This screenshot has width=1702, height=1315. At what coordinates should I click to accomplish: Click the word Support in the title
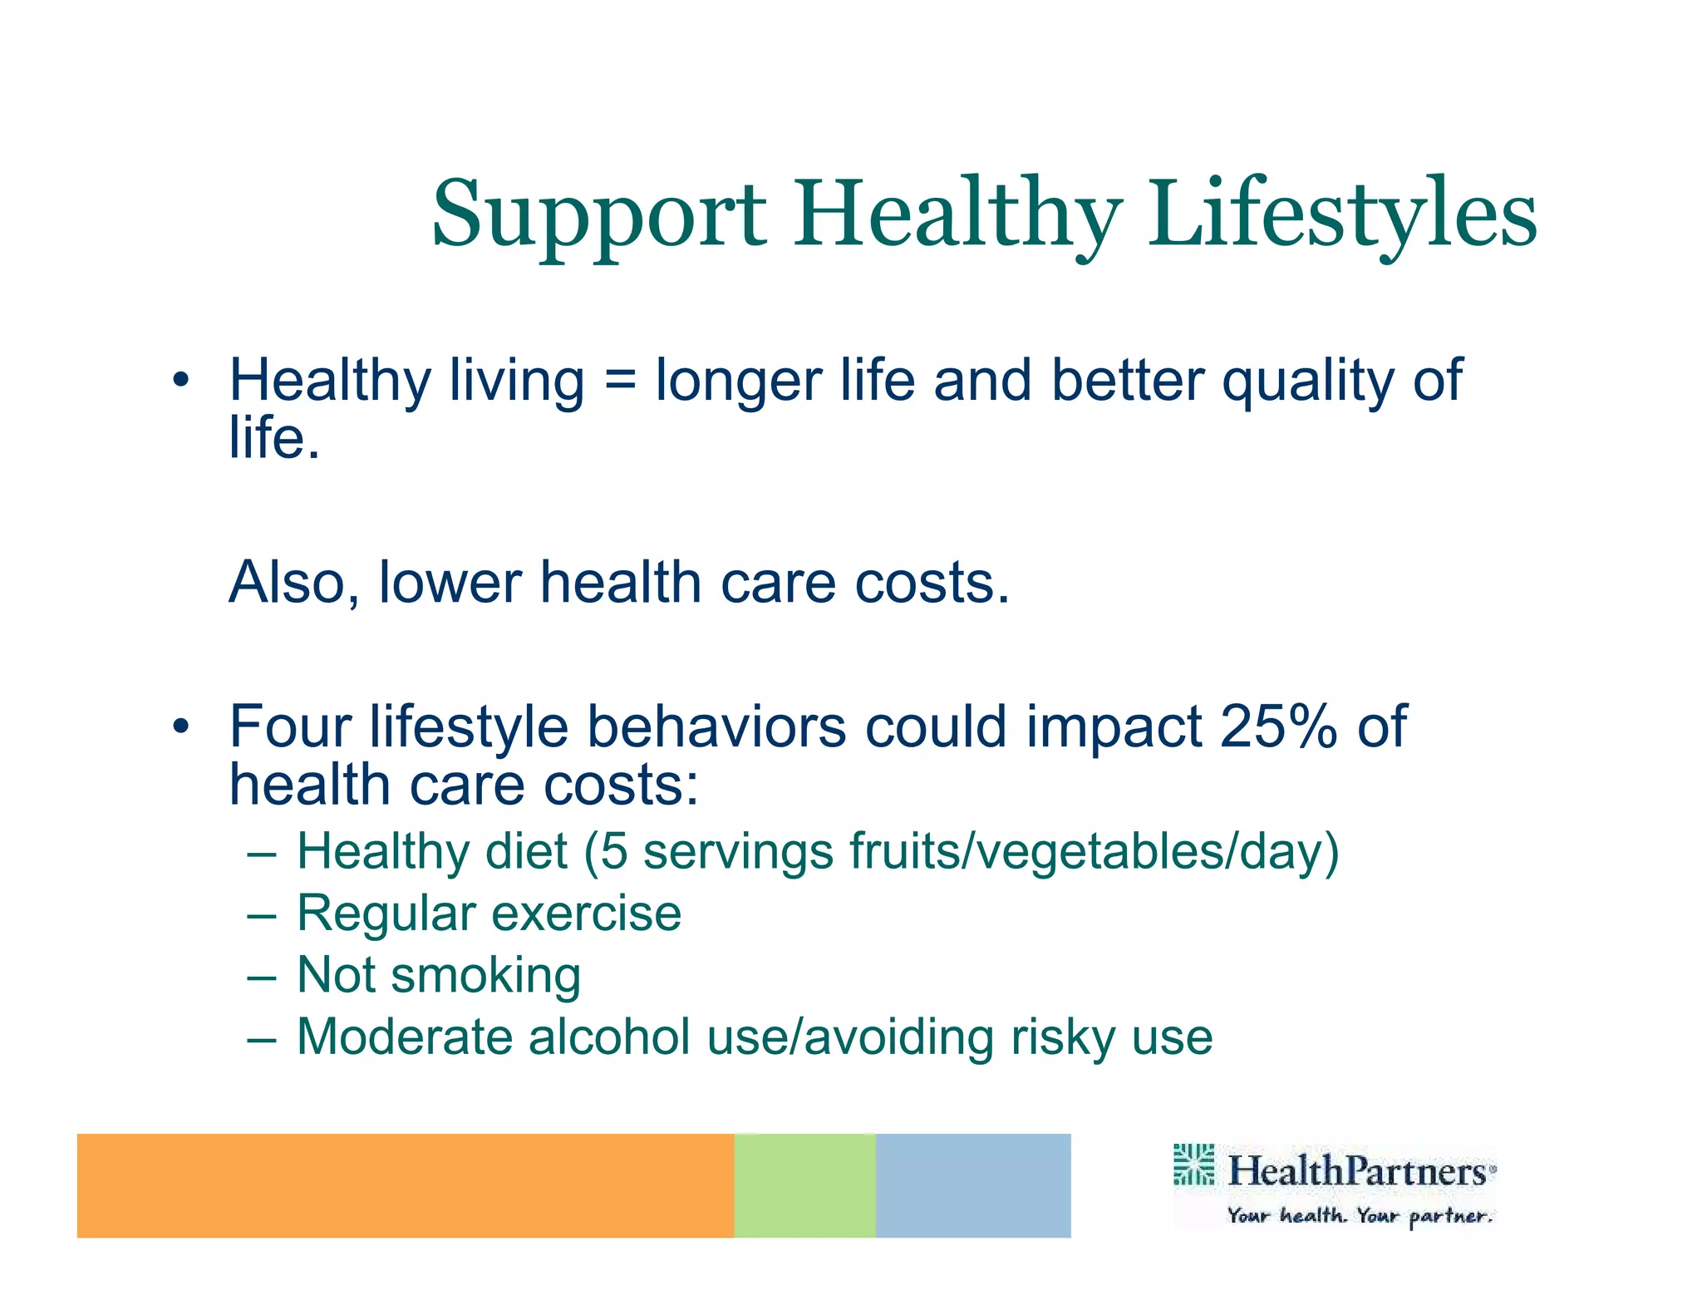598,216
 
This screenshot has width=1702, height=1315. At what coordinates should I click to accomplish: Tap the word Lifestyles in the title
1342,216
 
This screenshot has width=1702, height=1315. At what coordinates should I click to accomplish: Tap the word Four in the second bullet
290,726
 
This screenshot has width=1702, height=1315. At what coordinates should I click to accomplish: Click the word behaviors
716,726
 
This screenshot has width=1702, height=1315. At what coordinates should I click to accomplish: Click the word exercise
586,914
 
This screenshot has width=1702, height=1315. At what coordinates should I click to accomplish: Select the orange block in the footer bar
405,1185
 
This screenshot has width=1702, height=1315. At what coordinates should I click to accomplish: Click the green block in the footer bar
804,1185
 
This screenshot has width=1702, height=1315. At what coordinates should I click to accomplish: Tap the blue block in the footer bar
972,1185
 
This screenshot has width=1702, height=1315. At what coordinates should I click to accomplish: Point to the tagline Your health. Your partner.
1360,1216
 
